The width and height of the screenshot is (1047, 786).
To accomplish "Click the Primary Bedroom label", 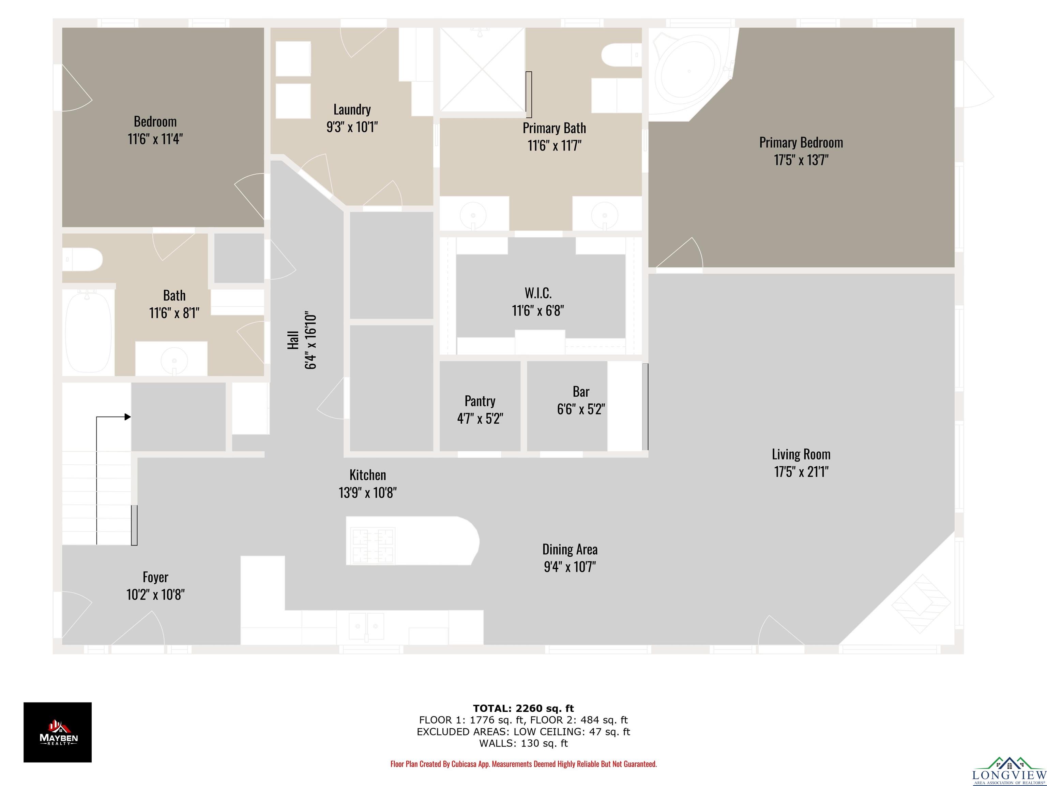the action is (801, 143).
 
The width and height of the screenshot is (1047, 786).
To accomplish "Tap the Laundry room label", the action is (352, 110).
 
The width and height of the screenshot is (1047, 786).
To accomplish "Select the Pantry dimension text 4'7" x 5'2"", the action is (480, 418).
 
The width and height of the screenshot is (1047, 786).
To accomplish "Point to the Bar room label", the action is (581, 392).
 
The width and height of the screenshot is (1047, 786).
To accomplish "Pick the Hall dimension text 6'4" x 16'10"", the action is (310, 341).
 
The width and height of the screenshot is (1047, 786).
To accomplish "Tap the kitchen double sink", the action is (366, 626).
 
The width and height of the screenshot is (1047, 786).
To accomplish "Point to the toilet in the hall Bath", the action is (82, 260).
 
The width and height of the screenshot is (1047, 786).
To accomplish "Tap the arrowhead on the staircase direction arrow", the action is (128, 417).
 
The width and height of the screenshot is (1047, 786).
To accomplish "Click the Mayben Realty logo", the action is (58, 732).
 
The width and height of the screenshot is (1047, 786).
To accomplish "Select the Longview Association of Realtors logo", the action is (1009, 771).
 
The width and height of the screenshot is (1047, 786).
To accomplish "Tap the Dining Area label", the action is (570, 550).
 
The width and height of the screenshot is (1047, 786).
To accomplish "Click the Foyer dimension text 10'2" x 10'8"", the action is (155, 595).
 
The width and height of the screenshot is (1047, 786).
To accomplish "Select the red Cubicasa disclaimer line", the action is (523, 764).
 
